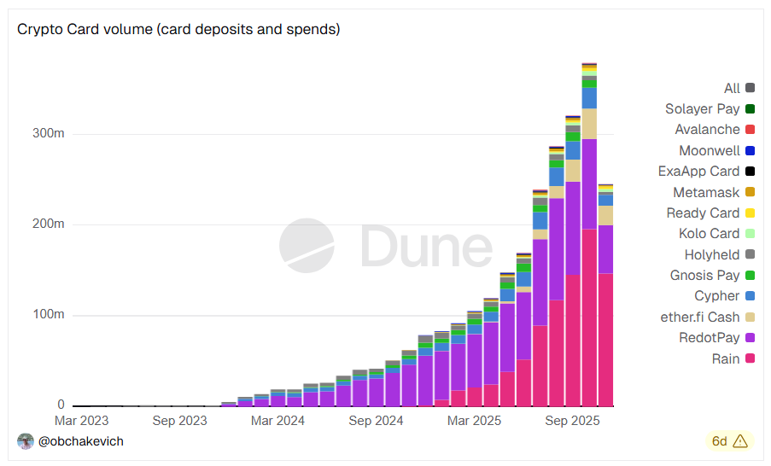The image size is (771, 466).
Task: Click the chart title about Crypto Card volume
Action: (x=178, y=29)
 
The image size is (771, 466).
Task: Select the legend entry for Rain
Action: (x=725, y=358)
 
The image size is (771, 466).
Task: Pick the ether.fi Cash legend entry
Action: (x=700, y=317)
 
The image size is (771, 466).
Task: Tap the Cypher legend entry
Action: (x=717, y=296)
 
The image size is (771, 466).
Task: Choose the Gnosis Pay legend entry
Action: (x=704, y=276)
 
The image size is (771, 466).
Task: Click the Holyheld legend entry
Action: (x=711, y=254)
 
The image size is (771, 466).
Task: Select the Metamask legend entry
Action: (x=706, y=192)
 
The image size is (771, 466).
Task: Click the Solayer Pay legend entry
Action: (x=702, y=109)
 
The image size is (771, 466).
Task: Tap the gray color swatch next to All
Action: (x=750, y=88)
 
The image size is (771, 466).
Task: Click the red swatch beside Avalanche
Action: (x=750, y=130)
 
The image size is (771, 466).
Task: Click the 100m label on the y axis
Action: (x=47, y=315)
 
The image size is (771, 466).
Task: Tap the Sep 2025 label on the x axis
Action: (x=573, y=421)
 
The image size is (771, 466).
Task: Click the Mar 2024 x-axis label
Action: (x=277, y=421)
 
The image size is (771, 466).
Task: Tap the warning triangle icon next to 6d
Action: (x=739, y=441)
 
